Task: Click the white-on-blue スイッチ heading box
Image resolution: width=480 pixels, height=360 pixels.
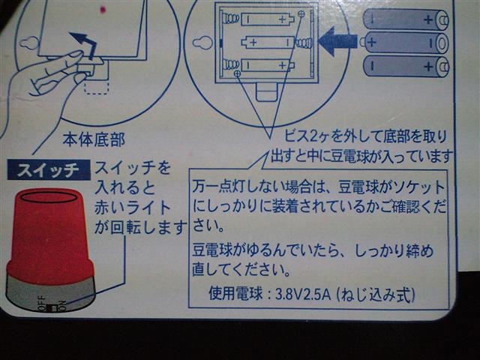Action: tap(49, 169)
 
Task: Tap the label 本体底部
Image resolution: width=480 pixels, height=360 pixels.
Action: tap(94, 140)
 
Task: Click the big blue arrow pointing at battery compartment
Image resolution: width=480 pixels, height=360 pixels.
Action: tap(337, 41)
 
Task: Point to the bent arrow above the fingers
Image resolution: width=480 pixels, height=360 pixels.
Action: tap(83, 44)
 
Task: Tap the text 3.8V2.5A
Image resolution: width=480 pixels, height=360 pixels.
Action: tap(303, 295)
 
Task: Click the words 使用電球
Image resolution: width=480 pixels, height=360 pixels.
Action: tap(235, 294)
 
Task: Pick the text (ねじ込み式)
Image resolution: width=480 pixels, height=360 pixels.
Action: tap(376, 295)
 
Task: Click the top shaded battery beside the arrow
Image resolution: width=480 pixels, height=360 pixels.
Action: tap(406, 19)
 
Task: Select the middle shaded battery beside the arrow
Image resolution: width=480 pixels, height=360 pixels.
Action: tap(404, 43)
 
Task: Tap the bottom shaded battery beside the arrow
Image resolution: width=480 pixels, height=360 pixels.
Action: tap(406, 66)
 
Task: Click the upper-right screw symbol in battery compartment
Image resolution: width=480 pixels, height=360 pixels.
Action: tap(301, 13)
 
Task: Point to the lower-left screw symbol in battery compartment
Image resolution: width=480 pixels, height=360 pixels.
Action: tap(237, 73)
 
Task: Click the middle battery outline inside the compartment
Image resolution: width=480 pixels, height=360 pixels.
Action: tap(268, 43)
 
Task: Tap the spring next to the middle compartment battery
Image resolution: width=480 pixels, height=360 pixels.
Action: tap(304, 43)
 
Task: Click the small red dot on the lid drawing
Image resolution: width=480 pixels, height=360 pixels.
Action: tap(103, 10)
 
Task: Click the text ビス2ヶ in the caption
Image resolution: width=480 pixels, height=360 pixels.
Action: tap(307, 136)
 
